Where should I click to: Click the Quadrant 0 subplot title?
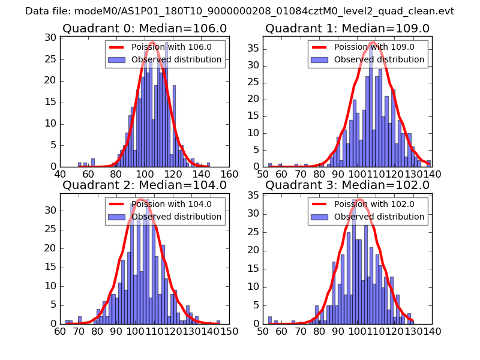click(145, 29)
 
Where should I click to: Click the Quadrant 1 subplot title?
click(347, 29)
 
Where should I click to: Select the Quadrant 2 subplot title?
click(145, 185)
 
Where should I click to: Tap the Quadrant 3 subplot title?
click(347, 185)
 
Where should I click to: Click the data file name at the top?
click(240, 11)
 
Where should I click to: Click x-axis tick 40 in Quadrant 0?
click(61, 175)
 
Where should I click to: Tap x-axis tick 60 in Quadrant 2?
click(61, 331)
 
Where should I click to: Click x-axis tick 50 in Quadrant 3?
click(263, 331)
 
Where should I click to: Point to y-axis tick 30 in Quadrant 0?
click(52, 38)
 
